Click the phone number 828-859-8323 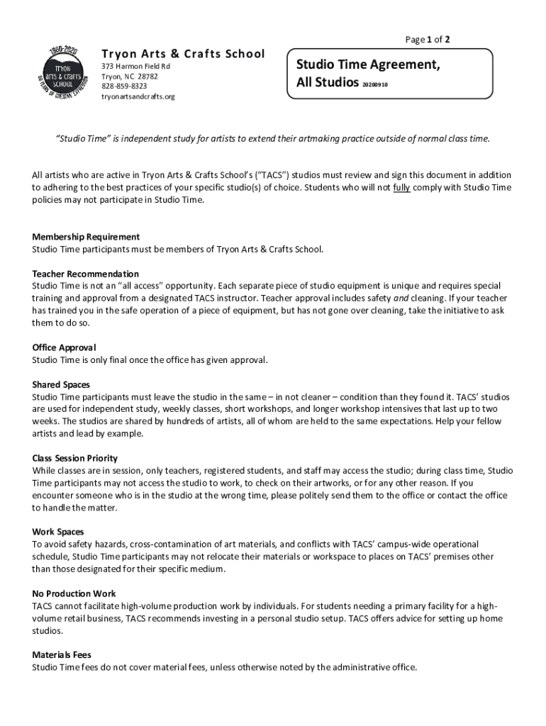point(124,86)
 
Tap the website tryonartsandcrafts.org point(138,96)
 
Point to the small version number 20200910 point(375,84)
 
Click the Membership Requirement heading point(86,237)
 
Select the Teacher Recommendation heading point(85,274)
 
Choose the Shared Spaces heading point(61,384)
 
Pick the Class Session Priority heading point(75,458)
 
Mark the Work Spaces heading point(58,532)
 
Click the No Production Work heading point(74,593)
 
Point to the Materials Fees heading point(62,655)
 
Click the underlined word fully point(401,187)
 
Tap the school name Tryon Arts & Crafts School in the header point(183,54)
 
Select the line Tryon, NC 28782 point(130,77)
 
